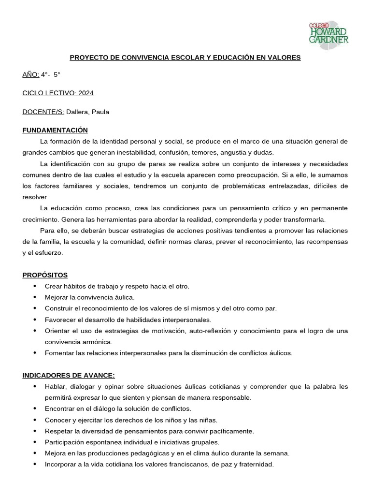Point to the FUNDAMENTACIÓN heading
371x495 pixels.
(55, 130)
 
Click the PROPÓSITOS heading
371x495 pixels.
(45, 275)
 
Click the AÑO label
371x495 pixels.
(30, 74)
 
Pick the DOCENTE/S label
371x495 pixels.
(43, 112)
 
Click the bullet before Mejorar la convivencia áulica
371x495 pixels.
(35, 297)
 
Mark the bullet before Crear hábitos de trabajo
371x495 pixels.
(35, 286)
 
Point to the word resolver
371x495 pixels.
(35, 197)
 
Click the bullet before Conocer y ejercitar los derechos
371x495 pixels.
(35, 420)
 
